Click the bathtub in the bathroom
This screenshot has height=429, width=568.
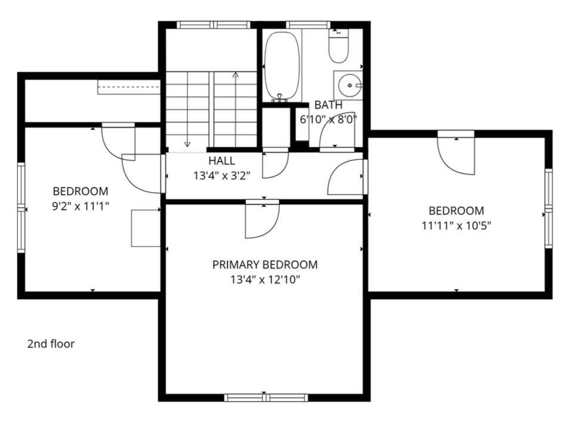coord(282,66)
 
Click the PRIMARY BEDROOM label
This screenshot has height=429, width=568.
coord(265,265)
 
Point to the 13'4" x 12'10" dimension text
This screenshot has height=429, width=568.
coord(265,279)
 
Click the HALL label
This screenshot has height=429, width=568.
coord(221,161)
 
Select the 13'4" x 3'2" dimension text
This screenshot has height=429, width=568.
coord(221,176)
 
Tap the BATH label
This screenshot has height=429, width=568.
coord(329,105)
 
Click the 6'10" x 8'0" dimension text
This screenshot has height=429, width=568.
coord(329,119)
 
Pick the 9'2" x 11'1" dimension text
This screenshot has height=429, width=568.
coord(81,206)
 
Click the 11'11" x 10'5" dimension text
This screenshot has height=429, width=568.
coord(456,225)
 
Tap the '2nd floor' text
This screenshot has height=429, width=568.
coord(51,344)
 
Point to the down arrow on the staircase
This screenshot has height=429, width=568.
coord(187,143)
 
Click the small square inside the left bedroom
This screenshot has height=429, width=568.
coord(146,228)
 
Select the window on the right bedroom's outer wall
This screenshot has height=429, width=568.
coord(549,209)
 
